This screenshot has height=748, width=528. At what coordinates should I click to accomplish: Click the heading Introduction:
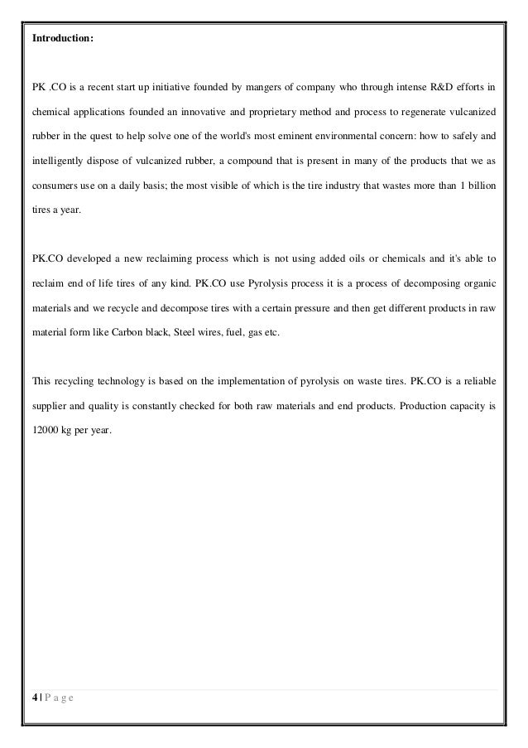(x=62, y=37)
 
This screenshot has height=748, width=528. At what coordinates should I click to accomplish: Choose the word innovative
(x=190, y=108)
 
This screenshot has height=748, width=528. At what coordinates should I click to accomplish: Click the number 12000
(x=47, y=431)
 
